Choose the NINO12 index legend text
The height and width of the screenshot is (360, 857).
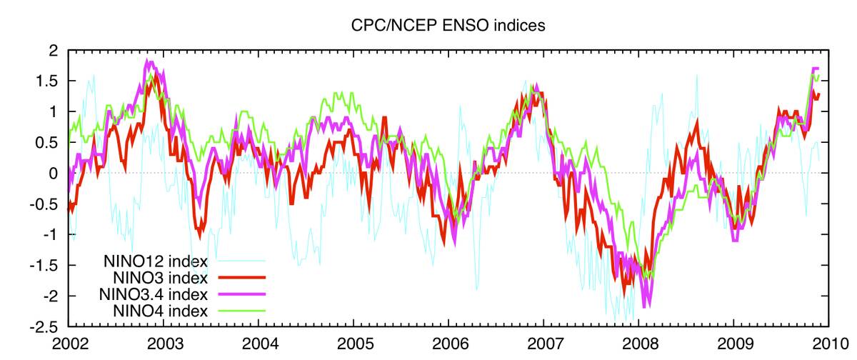155,261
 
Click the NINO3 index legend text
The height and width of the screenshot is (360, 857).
160,277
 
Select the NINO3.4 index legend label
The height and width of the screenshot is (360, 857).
155,294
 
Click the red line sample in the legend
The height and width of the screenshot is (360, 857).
239,277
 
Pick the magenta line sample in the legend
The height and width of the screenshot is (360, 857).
239,294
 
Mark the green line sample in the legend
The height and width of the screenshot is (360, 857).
239,310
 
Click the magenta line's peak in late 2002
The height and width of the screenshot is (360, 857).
148,61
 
